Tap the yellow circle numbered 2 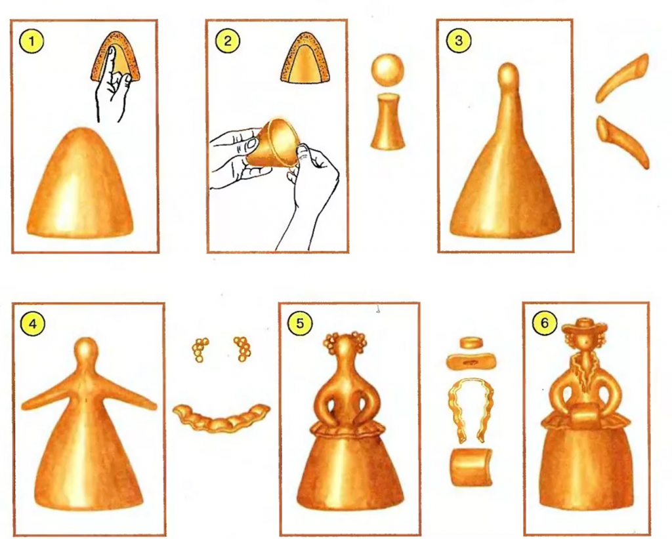pyautogui.click(x=228, y=41)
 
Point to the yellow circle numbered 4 pyautogui.click(x=33, y=324)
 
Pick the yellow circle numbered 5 pyautogui.click(x=299, y=324)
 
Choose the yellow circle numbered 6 pyautogui.click(x=544, y=323)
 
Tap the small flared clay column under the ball pyautogui.click(x=387, y=123)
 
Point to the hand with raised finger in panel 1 pyautogui.click(x=112, y=86)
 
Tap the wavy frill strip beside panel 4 pyautogui.click(x=221, y=418)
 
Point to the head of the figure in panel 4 pyautogui.click(x=87, y=349)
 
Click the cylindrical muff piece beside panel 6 pyautogui.click(x=471, y=467)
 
